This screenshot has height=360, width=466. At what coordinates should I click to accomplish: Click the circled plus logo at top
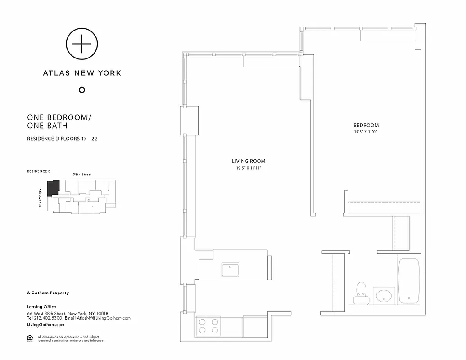click(x=82, y=44)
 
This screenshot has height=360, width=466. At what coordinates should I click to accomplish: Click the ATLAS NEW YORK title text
click(x=82, y=72)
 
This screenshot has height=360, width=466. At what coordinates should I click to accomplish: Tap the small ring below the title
click(x=82, y=90)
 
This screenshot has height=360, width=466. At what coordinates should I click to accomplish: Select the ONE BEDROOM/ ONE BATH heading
click(x=59, y=121)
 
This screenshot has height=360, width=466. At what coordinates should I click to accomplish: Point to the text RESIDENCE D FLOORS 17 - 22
click(x=62, y=139)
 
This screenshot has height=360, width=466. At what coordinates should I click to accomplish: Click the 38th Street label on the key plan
click(x=82, y=174)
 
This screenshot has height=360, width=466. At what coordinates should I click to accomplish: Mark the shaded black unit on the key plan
click(x=54, y=187)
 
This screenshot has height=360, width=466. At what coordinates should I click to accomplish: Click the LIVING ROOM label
click(x=249, y=161)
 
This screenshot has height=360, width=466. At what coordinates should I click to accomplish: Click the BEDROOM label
click(x=366, y=125)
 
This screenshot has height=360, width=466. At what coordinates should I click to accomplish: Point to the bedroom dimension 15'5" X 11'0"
click(x=366, y=132)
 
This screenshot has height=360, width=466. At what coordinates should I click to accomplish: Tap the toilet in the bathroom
click(x=361, y=292)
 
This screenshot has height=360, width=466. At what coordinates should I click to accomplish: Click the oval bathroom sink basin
click(x=384, y=296)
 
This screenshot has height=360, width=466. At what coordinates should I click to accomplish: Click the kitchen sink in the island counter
click(x=230, y=270)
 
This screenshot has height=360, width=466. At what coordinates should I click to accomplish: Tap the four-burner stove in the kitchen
click(x=208, y=326)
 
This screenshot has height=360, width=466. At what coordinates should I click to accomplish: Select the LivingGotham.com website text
click(x=45, y=324)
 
